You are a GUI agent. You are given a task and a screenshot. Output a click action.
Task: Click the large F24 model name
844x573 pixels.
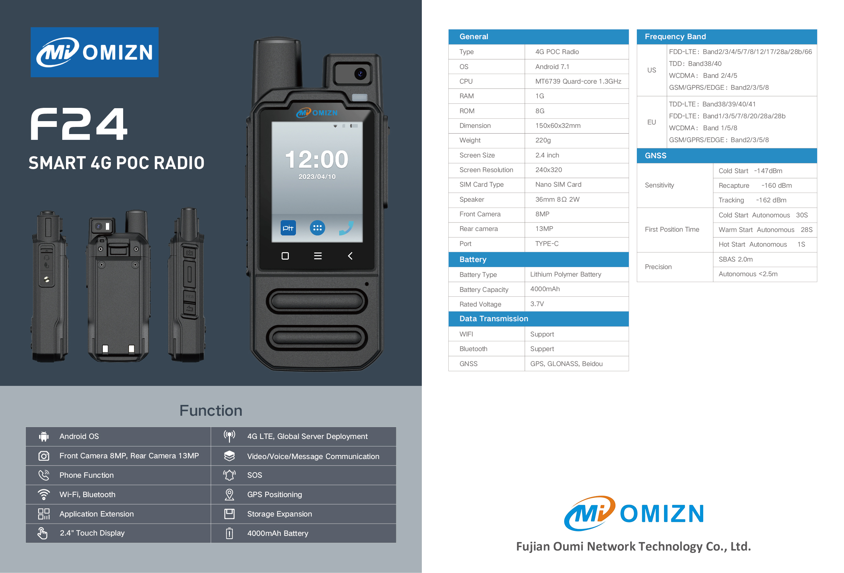pos(79,124)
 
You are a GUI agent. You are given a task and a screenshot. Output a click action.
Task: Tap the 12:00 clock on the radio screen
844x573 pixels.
pos(317,160)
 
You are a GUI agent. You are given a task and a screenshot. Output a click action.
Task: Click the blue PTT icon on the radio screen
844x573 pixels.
pos(288,228)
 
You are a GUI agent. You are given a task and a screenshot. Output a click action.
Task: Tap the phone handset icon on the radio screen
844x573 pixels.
pos(346,228)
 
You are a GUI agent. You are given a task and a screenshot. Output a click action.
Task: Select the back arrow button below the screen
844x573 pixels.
pos(350,256)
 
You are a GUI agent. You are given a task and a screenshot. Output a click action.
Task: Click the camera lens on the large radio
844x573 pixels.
pos(360,74)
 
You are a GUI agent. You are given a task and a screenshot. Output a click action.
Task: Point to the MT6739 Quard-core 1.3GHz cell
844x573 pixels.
pos(578,81)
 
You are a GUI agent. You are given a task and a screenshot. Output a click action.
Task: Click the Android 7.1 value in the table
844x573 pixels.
pos(552,67)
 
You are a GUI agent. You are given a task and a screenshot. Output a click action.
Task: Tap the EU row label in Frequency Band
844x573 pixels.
pos(651,122)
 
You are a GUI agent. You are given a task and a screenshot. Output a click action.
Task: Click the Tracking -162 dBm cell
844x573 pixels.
pos(752,200)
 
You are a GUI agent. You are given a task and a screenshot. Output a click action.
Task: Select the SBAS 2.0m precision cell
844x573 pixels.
pos(735,259)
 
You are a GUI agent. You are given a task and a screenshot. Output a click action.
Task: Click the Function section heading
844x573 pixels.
pos(211,411)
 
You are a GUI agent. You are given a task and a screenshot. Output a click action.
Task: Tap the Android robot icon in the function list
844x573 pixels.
pos(44,436)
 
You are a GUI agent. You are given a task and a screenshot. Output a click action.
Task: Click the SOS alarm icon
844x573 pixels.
pos(229,475)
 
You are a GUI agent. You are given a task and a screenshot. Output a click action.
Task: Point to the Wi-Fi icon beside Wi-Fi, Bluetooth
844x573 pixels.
pos(44,494)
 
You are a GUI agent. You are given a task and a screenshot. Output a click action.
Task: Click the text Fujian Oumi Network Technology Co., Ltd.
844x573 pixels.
pos(633,546)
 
